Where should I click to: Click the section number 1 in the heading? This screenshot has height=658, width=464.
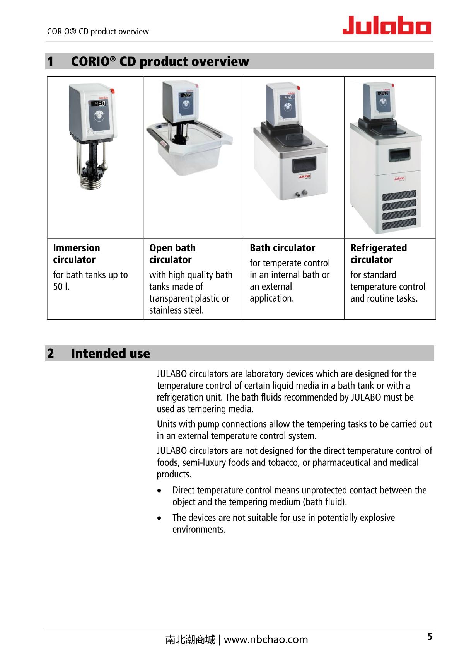click(50, 61)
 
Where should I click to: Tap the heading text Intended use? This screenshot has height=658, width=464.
click(111, 353)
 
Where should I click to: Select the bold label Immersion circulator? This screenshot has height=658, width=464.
click(77, 254)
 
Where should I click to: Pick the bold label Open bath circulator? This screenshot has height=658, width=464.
click(172, 254)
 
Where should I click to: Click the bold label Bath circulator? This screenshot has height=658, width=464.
click(282, 248)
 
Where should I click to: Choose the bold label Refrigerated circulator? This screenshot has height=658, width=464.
click(379, 254)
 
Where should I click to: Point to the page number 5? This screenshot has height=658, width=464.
click(430, 637)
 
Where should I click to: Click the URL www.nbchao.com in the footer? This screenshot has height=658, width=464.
click(266, 639)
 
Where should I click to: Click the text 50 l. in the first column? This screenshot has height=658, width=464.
click(61, 287)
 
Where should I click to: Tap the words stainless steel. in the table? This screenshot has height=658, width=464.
click(176, 310)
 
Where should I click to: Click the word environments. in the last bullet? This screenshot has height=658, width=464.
click(199, 530)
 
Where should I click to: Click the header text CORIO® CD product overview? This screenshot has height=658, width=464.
click(98, 32)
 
